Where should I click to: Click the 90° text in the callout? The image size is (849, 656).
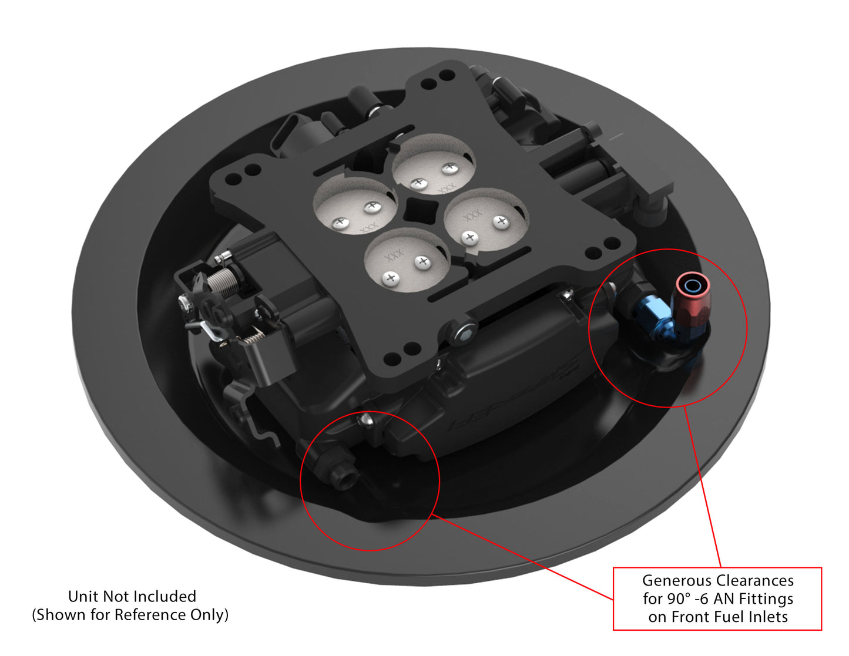pos(678,599)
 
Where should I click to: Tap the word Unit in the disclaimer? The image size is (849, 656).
pos(83,597)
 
